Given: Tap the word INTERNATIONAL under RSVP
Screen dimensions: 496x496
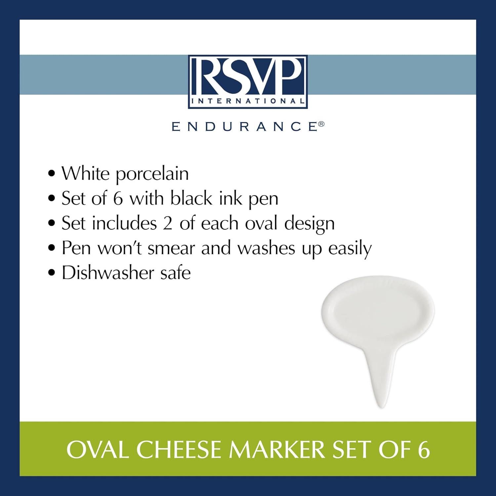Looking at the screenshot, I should [248, 102].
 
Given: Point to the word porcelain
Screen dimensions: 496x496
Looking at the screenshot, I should [152, 174].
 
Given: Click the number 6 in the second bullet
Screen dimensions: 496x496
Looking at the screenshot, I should [118, 199].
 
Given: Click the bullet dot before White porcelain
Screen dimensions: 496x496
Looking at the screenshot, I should [51, 175].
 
